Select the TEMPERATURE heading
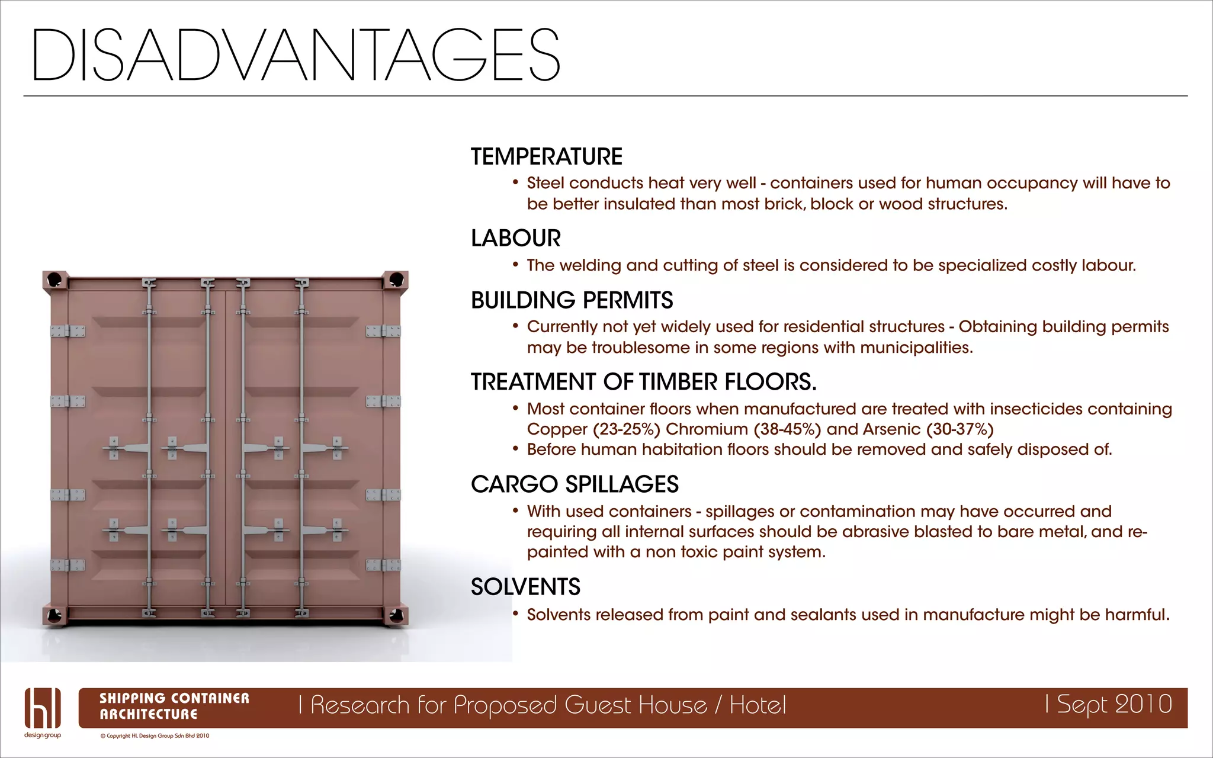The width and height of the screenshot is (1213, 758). click(546, 157)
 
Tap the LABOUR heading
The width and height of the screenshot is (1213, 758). click(515, 239)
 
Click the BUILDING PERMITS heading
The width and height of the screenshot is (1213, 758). click(572, 300)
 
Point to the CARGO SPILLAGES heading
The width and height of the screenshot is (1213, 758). click(575, 484)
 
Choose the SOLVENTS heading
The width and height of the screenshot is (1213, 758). click(525, 587)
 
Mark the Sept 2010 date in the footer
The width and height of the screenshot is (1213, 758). click(1113, 704)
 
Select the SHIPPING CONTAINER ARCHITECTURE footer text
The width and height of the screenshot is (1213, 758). click(174, 706)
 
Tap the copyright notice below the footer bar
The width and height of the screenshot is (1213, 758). click(155, 736)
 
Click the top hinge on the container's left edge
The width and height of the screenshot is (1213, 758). click(68, 331)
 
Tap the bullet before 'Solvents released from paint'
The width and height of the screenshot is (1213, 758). click(515, 614)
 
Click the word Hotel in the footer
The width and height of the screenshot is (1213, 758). click(758, 705)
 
